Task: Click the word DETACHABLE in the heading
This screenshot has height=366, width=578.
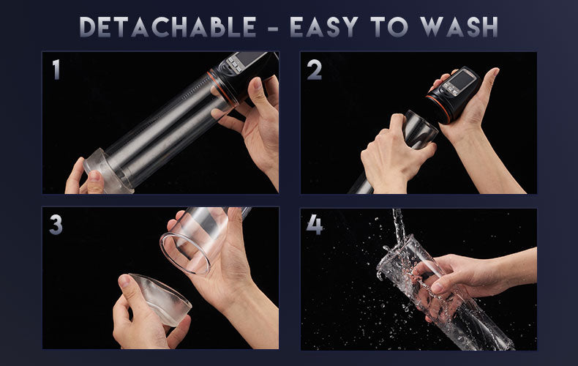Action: coord(168,27)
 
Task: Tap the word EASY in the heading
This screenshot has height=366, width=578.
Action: coord(323,27)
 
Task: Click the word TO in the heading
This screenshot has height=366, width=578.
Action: coord(389,27)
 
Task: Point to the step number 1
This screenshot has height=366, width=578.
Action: coord(56,70)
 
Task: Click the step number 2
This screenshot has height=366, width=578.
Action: coord(315,70)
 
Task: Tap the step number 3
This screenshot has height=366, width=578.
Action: coord(56,224)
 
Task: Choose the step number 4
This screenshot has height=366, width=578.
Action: coord(315,225)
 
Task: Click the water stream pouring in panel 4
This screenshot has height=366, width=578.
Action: coord(399,225)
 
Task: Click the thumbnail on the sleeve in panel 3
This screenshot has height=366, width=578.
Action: coord(125,281)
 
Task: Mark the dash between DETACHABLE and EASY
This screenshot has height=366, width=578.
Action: coord(273,28)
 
